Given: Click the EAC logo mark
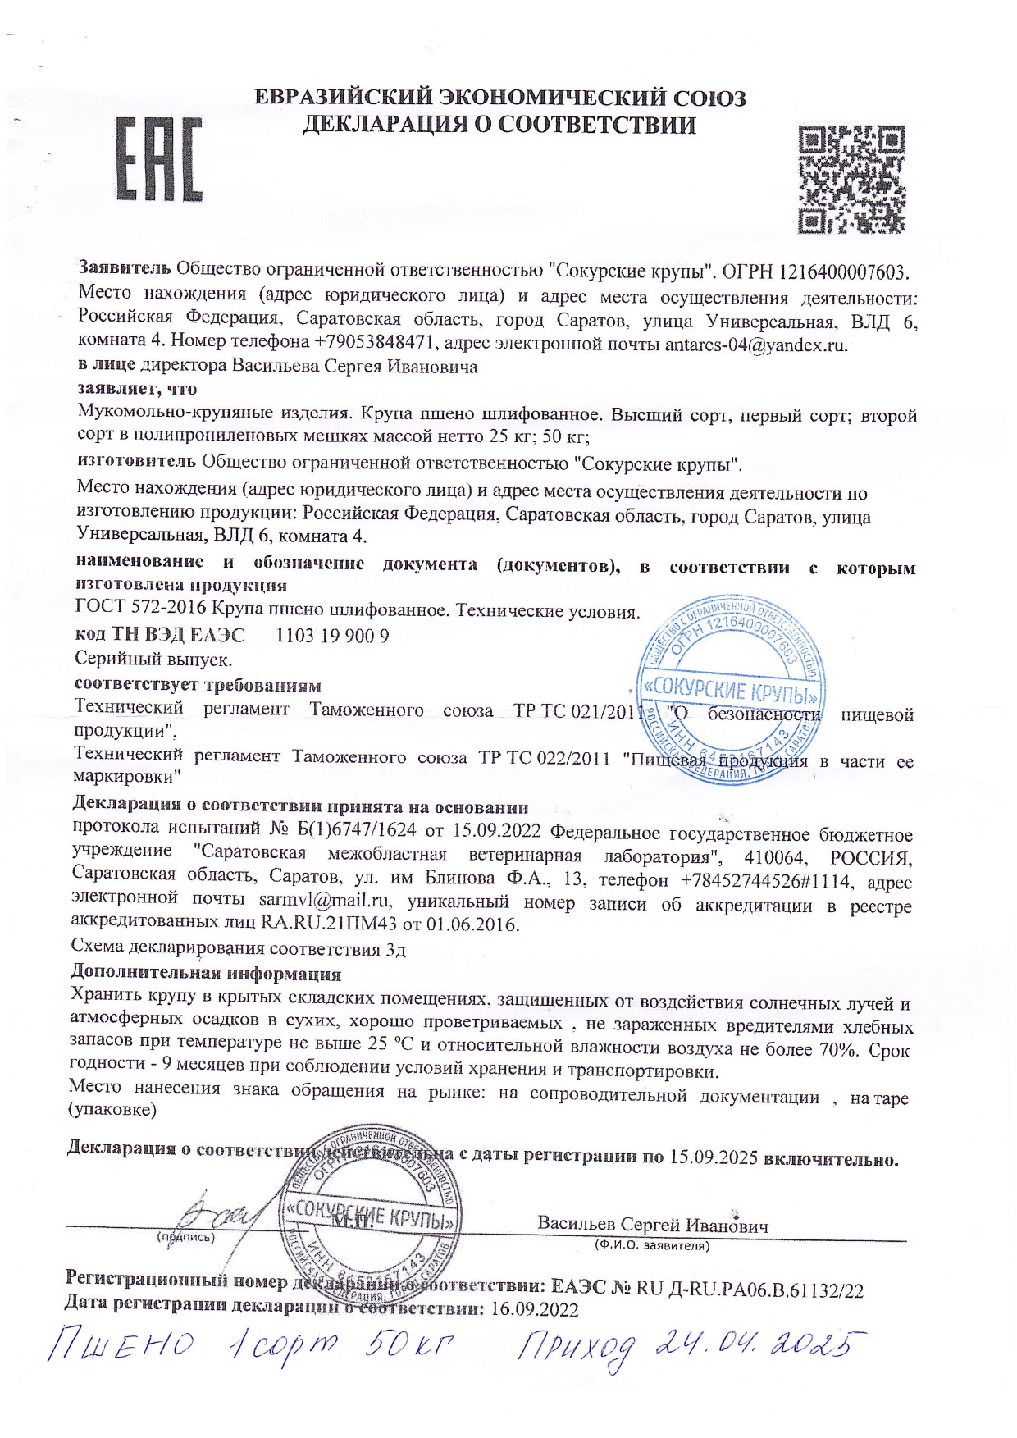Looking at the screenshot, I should (x=160, y=160).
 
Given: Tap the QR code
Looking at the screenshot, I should (x=853, y=178).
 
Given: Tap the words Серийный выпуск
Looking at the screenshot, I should (x=153, y=659).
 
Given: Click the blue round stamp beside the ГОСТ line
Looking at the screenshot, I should (x=732, y=687).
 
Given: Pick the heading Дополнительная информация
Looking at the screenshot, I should (x=205, y=974).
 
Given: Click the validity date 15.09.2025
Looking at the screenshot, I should (x=713, y=1157).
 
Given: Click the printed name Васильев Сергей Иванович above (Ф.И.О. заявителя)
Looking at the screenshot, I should (x=653, y=1225).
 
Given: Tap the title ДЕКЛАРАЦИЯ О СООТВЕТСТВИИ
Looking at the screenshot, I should (x=499, y=126).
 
